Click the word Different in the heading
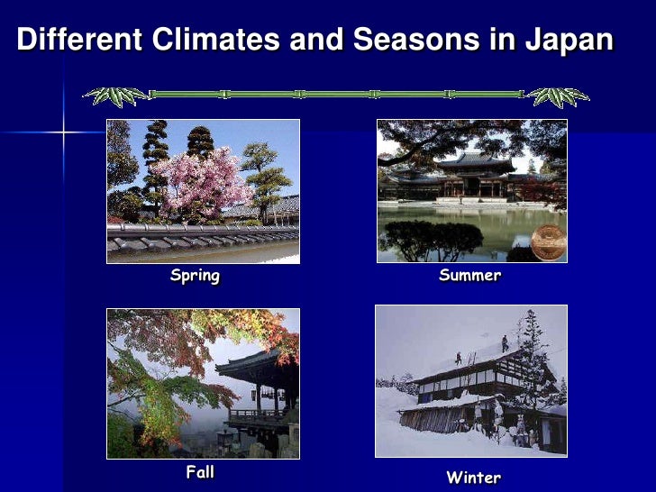pyautogui.click(x=79, y=41)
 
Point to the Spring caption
pyautogui.click(x=195, y=276)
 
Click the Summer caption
pyautogui.click(x=469, y=276)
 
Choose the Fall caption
pyautogui.click(x=199, y=471)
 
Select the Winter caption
pyautogui.click(x=473, y=477)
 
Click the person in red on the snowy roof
pyautogui.click(x=459, y=358)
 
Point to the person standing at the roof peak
pyautogui.click(x=505, y=343)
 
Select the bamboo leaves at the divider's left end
pyautogui.click(x=115, y=95)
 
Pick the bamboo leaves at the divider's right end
pyautogui.click(x=558, y=96)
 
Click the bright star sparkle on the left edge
pyautogui.click(x=63, y=132)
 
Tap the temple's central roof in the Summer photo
pyautogui.click(x=475, y=161)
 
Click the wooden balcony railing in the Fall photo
pyautogui.click(x=252, y=415)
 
